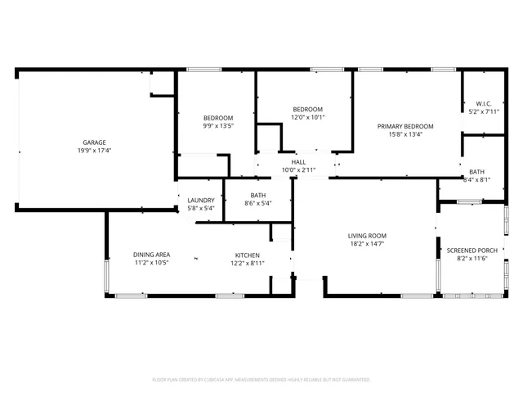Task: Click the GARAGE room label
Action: point(94,142)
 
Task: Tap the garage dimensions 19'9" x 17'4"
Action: point(94,151)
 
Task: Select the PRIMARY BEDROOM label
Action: point(405,126)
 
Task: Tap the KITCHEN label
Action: point(247,255)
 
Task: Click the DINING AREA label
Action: point(152,255)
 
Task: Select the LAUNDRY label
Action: point(201,201)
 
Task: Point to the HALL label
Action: point(298,162)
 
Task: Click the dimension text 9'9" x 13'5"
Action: point(218,126)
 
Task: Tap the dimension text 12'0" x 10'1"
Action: point(308,117)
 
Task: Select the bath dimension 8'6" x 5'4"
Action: point(258,203)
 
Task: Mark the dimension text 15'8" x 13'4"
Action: point(405,134)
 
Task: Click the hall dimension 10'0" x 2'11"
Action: point(298,170)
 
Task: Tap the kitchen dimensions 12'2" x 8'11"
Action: point(247,263)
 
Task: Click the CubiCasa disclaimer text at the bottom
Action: point(261,380)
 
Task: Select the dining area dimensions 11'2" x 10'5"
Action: point(152,263)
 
